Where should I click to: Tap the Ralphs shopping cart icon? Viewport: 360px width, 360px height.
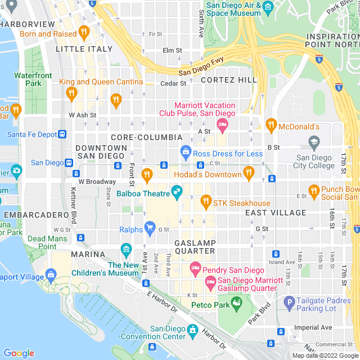click(x=150, y=227)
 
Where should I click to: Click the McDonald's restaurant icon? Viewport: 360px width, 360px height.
click(x=271, y=124)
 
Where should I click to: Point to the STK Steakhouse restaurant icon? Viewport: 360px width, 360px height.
click(x=205, y=200)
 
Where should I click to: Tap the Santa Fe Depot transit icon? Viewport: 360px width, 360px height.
click(x=62, y=134)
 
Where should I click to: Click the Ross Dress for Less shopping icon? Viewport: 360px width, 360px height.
click(x=185, y=151)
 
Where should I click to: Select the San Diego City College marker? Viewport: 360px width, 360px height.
click(x=314, y=141)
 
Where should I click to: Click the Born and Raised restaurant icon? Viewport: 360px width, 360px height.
click(x=84, y=31)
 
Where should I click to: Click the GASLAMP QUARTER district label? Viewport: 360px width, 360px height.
click(x=195, y=246)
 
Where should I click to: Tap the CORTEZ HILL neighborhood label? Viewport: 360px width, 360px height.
click(x=229, y=80)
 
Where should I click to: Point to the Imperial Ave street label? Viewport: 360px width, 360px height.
click(x=313, y=327)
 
